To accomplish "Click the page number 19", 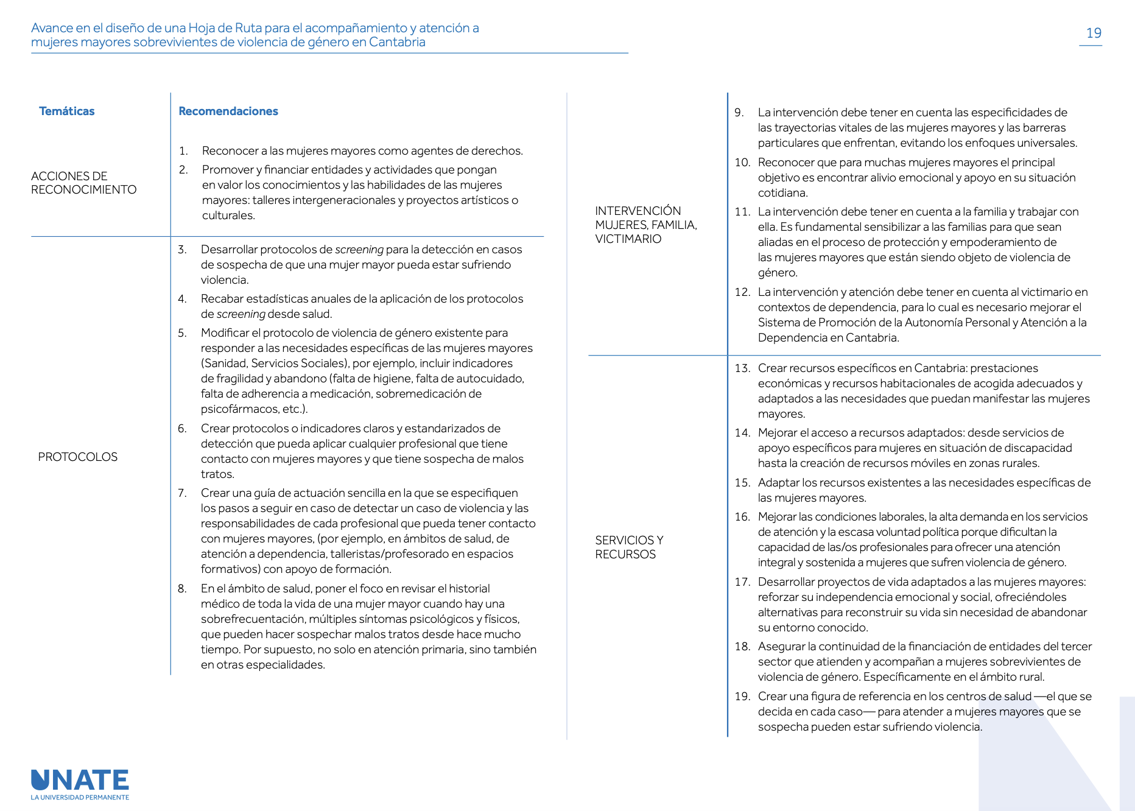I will (x=1094, y=33).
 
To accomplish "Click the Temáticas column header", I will (x=67, y=111).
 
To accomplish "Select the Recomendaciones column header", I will (x=228, y=111).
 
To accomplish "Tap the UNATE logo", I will (x=80, y=781).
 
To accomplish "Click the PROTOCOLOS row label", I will (x=78, y=457).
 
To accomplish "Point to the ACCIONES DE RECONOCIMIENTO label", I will (x=84, y=183).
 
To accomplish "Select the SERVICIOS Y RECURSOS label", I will (x=629, y=547).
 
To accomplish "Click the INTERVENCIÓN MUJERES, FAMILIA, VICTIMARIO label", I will (x=646, y=225).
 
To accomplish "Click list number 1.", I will (x=183, y=151).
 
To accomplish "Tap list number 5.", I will (x=182, y=333).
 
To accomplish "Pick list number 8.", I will (x=182, y=589).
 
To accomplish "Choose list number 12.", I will (x=742, y=292).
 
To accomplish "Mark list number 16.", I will (x=742, y=517).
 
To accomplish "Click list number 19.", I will (x=742, y=697).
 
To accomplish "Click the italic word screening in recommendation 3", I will (x=359, y=250).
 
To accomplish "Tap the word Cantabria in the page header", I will (x=397, y=42).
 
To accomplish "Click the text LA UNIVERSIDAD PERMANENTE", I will (x=80, y=798).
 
